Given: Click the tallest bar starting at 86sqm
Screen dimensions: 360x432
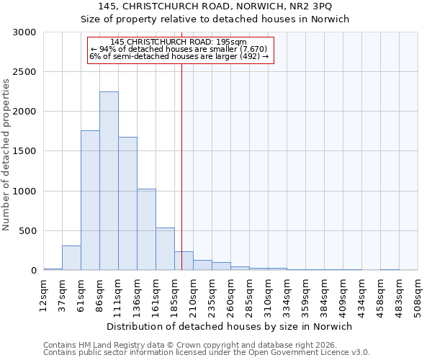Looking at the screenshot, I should (109, 181).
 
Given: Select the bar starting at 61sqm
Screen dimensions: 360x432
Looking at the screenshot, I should (90, 200).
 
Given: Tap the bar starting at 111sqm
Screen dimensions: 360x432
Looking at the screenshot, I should (127, 204).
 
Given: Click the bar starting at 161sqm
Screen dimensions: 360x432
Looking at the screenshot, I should (165, 248).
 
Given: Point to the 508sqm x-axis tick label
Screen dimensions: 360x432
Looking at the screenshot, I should (418, 295).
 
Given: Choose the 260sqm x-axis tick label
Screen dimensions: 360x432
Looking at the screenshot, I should (230, 295).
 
